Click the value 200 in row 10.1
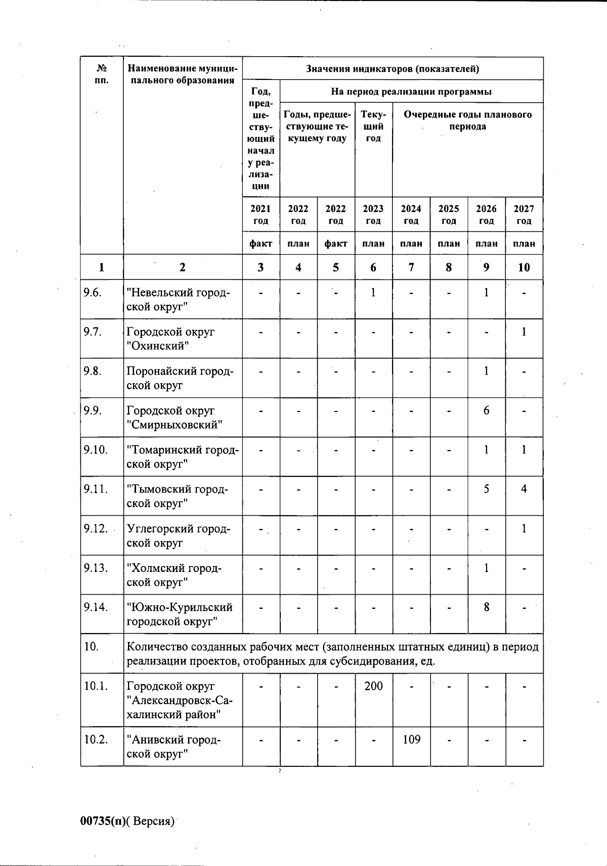coord(373,686)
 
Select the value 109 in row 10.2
coord(411,740)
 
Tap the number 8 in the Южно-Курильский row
coord(486,607)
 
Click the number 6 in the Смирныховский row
coord(486,410)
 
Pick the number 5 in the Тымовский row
coord(486,489)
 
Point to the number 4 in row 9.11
coord(524,489)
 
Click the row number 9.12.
coord(96,529)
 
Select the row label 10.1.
coord(96,686)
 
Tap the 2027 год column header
coord(524,215)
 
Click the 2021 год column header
coord(261,215)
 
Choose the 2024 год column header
coord(411,215)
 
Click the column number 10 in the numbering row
coord(524,267)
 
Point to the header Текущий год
coord(373,127)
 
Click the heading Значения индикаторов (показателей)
coord(393,69)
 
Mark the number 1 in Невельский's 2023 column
coord(373,293)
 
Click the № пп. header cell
coord(102,74)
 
